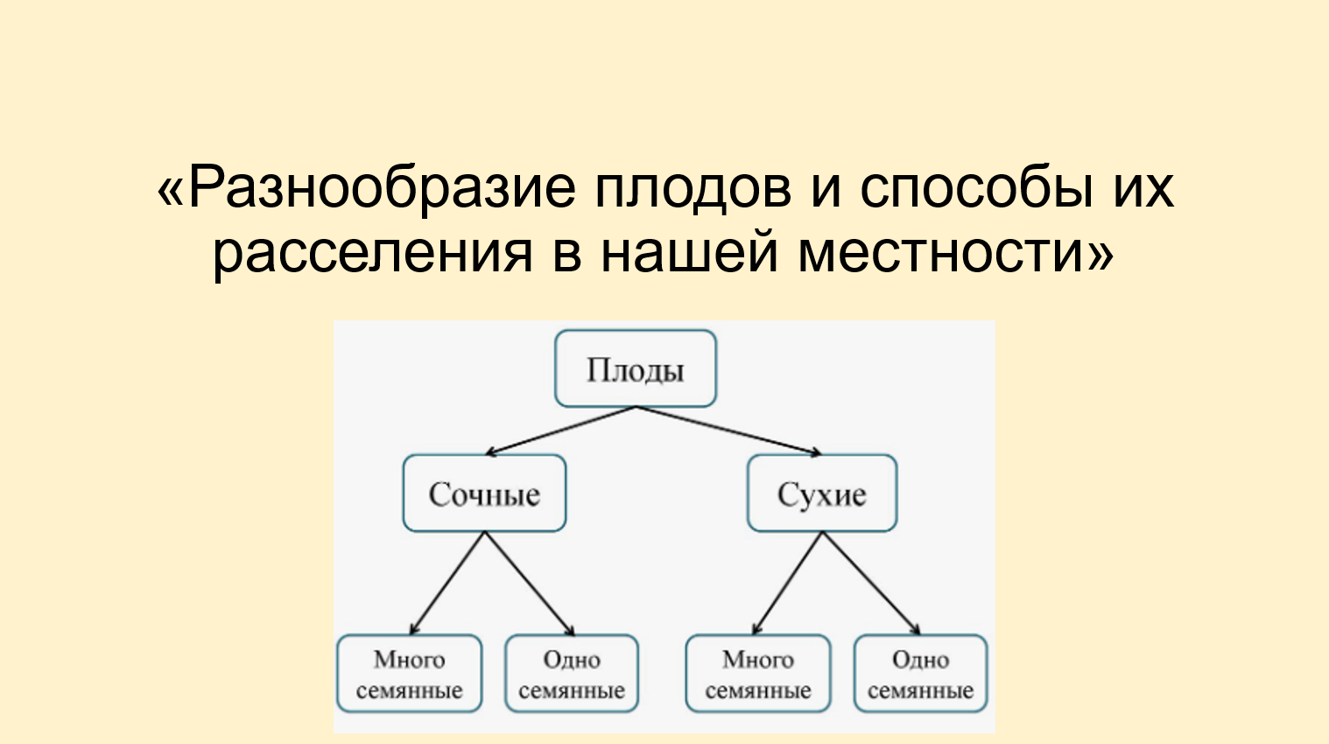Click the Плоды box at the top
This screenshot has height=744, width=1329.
pos(636,368)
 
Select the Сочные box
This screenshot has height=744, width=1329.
pos(484,494)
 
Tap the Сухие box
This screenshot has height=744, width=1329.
pos(822,494)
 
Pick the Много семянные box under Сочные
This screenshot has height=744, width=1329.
pos(410,674)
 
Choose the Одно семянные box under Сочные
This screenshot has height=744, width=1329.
pos(572,674)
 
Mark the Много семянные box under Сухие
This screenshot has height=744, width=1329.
pos(758,674)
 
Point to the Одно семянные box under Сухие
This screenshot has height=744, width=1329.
pos(920,674)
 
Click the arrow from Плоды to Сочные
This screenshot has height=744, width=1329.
pos(560,431)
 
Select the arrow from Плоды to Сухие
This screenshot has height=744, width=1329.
pos(728,431)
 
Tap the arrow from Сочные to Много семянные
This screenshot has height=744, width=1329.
pos(447,583)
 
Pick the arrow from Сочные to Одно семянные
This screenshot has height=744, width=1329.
pos(529,583)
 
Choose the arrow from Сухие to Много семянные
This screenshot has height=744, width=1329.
pos(788,583)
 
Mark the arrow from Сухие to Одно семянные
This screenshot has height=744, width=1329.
pos(872,583)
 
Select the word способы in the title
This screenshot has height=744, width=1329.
pos(976,187)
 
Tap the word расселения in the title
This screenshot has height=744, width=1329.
pos(372,253)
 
